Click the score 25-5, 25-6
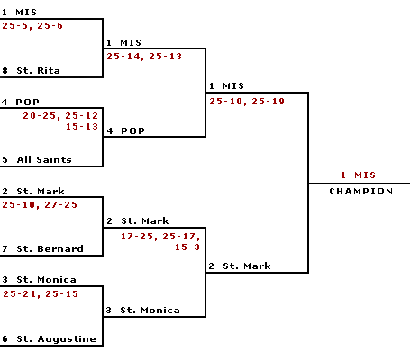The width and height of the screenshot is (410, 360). (32, 26)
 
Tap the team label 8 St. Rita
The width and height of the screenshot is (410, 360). (31, 71)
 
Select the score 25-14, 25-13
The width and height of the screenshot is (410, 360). (144, 57)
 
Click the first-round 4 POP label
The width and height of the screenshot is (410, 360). (21, 102)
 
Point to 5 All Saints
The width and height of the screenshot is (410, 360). (37, 159)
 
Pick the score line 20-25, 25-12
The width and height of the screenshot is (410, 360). (60, 116)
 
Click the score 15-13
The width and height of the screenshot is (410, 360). (82, 127)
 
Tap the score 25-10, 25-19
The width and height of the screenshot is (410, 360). (247, 102)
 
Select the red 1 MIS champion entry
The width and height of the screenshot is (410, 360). (358, 175)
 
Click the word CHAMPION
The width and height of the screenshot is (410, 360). (361, 192)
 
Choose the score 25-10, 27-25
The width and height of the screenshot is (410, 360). (40, 205)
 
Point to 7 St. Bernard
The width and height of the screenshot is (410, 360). (42, 248)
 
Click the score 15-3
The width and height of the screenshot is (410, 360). (187, 247)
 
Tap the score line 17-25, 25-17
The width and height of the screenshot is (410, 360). (160, 237)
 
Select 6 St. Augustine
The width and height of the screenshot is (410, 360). (49, 339)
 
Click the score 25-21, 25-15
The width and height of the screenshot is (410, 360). (41, 294)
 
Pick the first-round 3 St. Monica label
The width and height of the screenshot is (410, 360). (39, 280)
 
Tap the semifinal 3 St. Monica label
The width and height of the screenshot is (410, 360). (143, 310)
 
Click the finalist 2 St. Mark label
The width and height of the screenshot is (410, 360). (240, 265)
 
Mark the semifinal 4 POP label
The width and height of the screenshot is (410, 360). (126, 131)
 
